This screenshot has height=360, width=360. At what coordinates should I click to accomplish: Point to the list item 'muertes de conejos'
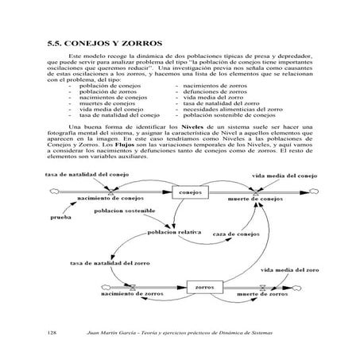click(106, 103)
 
